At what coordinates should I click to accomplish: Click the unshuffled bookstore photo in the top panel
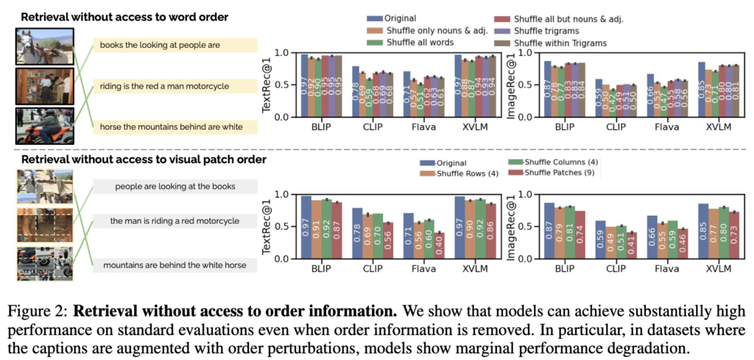pyautogui.click(x=44, y=86)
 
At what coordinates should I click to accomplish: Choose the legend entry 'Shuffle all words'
pyautogui.click(x=411, y=42)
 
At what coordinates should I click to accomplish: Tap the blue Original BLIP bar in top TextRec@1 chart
pyautogui.click(x=304, y=86)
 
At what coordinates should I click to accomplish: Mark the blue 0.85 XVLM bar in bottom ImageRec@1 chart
pyautogui.click(x=702, y=231)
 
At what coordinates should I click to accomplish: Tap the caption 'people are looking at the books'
pyautogui.click(x=175, y=187)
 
